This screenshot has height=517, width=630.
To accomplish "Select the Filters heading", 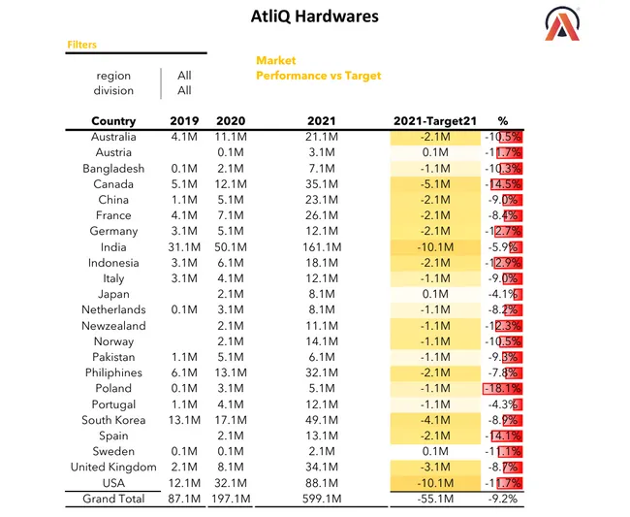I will coord(81,45).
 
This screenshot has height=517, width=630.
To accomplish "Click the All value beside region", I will coord(184,76).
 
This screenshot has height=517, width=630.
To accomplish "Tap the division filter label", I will coord(114,91).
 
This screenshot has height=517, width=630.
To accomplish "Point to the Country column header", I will coord(113,121).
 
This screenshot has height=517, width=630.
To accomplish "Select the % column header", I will coord(502,121).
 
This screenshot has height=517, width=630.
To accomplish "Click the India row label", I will coord(113,247).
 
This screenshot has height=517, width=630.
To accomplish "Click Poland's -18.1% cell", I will coord(503,389).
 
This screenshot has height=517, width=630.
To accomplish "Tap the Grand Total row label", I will coord(113,499).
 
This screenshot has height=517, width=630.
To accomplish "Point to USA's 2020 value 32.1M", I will coord(233,483).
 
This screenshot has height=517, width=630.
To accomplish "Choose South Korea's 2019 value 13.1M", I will coord(184,420).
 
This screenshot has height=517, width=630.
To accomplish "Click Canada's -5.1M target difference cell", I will coord(434,184).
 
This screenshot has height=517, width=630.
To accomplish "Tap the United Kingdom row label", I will coord(113,468).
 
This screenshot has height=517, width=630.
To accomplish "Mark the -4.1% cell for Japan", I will coord(503,295).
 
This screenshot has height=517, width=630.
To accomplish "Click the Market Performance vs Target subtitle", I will coord(318,68).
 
